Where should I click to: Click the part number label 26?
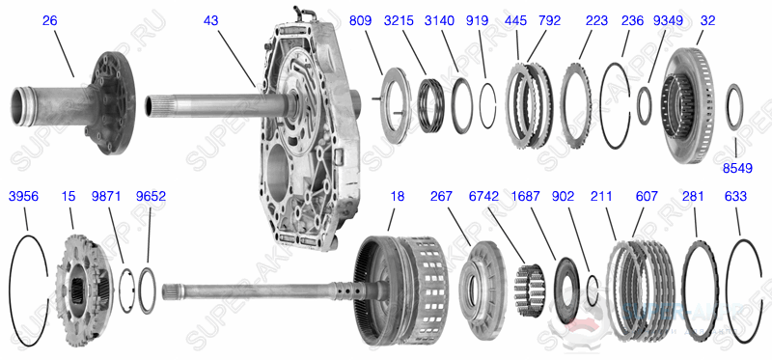click(x=49, y=20)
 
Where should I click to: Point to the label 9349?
click(x=667, y=20)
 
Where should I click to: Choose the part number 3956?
click(x=23, y=196)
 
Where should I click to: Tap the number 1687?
click(x=527, y=196)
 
